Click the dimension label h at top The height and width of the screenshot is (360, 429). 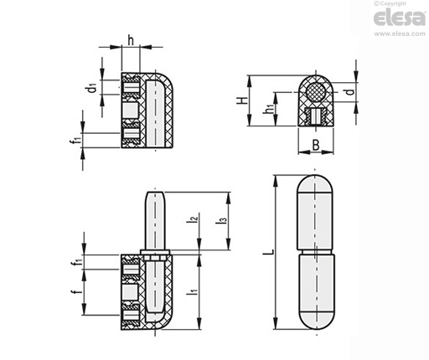point(131,40)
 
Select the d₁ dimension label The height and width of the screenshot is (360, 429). point(91,88)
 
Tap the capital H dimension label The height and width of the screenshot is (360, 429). point(242,100)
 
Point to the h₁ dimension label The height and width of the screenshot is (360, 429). point(268,108)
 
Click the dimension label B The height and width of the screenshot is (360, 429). point(316,145)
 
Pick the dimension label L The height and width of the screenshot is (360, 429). point(269,252)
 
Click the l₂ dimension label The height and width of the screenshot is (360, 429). point(193,218)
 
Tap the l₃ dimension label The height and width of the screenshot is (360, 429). point(221,219)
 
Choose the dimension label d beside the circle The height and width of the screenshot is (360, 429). point(350,91)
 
